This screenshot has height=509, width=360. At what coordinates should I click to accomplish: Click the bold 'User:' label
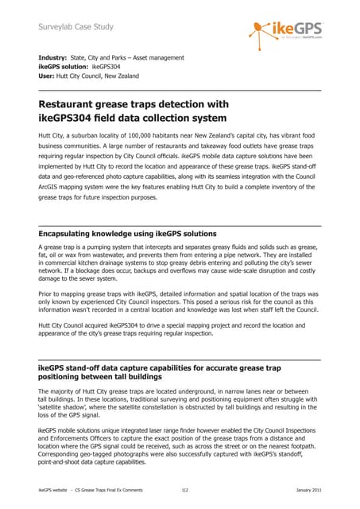click(x=49, y=76)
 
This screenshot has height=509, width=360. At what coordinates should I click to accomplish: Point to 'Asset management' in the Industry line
click(x=159, y=57)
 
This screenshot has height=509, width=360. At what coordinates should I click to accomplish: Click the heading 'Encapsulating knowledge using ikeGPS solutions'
click(x=127, y=234)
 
